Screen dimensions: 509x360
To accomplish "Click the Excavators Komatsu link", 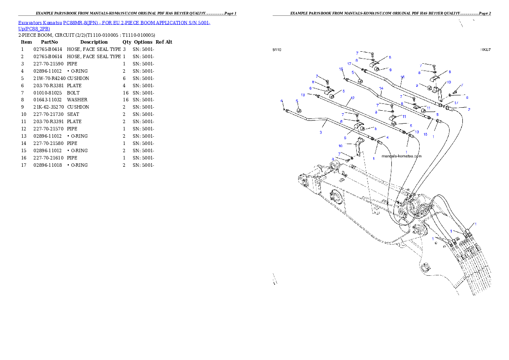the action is coord(40,23).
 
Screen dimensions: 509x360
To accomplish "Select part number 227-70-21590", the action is coord(48,64).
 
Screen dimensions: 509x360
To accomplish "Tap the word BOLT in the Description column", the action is coord(73,93).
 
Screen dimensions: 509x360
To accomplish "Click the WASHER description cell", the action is coord(77,100).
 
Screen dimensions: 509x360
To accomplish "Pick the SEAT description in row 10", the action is coord(73,114).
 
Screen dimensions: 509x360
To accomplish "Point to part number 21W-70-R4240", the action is coord(49,79).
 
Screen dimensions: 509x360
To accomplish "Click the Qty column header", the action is coord(127,42).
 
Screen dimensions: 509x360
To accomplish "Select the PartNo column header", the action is coord(49,42).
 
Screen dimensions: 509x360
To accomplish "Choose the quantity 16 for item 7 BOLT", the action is coord(126,93).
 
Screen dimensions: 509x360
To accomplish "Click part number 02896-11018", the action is coord(47,165).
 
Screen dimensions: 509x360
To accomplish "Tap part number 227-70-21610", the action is coord(48,158).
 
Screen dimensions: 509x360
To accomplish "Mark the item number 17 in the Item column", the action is coord(24,165).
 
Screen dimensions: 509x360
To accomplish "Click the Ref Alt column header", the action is coord(164,42).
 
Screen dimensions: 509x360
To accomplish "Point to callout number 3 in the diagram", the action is coord(321,132).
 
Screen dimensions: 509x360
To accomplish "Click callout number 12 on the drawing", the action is coord(352,98).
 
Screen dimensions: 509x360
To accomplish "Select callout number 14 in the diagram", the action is coord(381,89).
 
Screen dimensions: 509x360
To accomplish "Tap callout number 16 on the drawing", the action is coord(402,77).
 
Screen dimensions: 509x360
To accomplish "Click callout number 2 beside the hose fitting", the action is coord(469,110).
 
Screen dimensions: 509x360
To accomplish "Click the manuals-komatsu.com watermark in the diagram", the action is coord(402,156).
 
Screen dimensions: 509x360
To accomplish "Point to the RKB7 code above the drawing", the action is coord(485,50).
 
